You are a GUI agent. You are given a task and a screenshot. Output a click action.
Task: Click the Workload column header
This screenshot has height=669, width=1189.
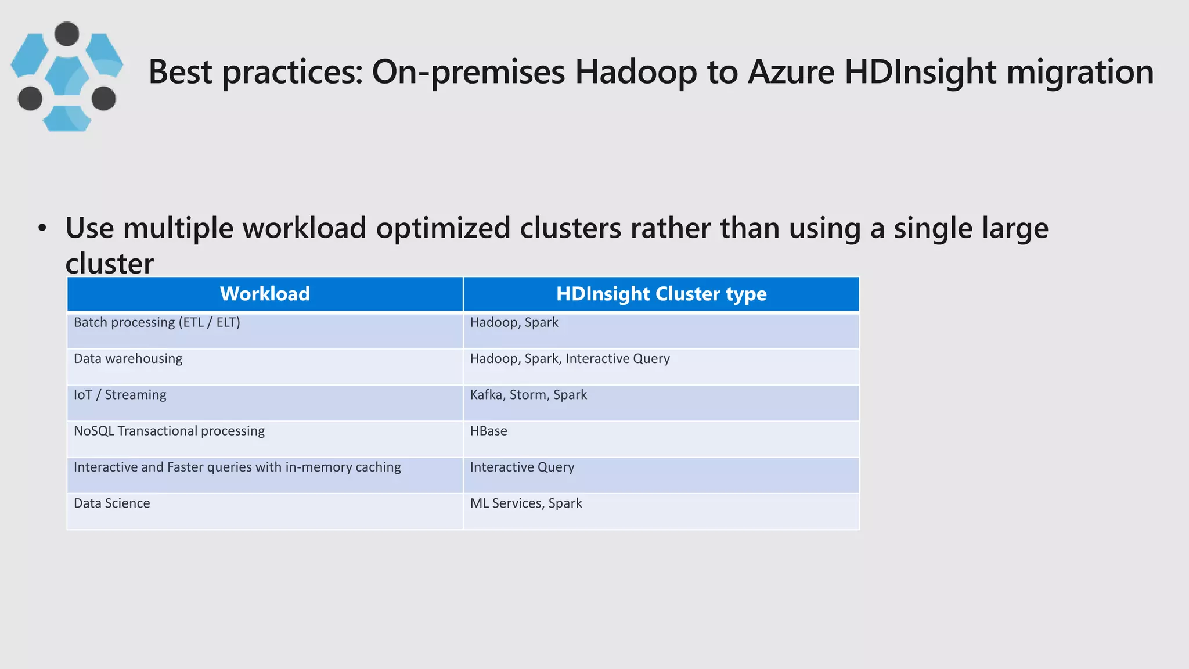point(265,294)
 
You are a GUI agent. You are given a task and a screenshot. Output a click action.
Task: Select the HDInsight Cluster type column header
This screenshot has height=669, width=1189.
point(661,294)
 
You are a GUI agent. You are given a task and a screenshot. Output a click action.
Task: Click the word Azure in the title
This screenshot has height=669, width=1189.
point(791,72)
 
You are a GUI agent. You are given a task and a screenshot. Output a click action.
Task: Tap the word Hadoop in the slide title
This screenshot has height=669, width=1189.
point(636,72)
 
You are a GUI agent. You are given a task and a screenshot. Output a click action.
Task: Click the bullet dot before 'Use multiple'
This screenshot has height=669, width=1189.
point(42,228)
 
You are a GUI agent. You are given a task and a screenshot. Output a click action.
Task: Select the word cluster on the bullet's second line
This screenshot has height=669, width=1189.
point(109,264)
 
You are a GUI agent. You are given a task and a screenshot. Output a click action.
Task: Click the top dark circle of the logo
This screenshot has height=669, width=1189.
point(67,34)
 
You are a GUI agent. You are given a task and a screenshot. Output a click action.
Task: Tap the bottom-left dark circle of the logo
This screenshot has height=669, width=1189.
point(30,98)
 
